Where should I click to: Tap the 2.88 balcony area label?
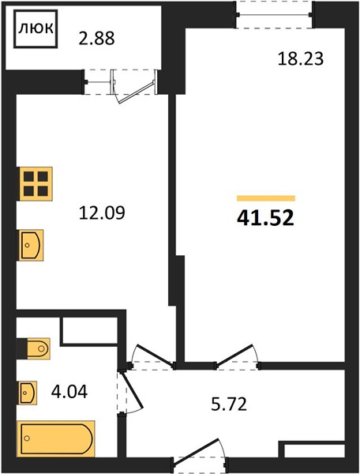96,39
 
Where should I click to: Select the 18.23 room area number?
301,58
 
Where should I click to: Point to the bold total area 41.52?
265,218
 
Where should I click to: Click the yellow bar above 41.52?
266,198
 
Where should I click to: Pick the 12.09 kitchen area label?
102,213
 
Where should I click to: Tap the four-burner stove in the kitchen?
36,184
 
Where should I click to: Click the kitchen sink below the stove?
31,245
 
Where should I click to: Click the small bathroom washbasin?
28,393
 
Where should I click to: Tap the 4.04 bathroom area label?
69,392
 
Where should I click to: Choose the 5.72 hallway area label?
229,404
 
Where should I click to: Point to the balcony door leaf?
136,92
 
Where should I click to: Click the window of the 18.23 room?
274,14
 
